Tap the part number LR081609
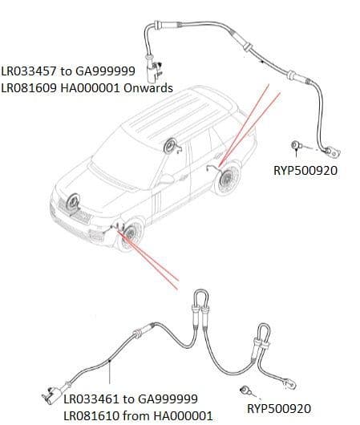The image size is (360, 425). click(31, 88)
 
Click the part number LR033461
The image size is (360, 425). click(94, 399)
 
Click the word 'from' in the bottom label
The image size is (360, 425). click(140, 415)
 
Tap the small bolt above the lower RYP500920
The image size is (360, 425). click(245, 391)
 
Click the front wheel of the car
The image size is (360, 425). click(127, 238)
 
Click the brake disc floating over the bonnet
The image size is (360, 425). click(74, 202)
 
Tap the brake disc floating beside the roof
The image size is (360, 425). click(170, 146)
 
